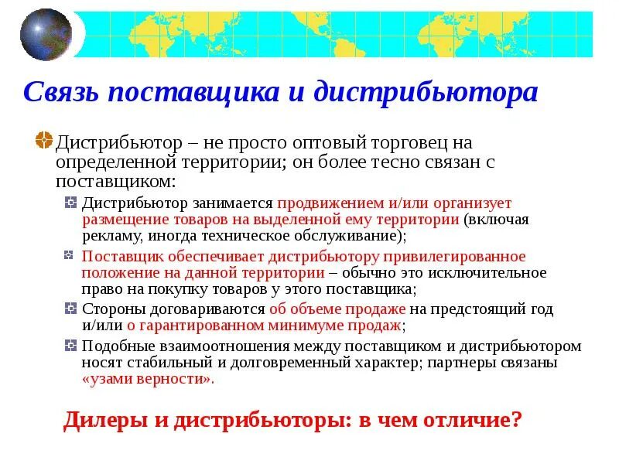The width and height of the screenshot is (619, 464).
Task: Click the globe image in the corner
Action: pyautogui.click(x=46, y=33)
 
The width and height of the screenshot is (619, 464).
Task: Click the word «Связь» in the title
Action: pyautogui.click(x=61, y=93)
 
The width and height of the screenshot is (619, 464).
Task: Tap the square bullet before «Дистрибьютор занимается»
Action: pyautogui.click(x=70, y=203)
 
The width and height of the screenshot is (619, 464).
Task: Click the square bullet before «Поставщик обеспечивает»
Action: pyautogui.click(x=70, y=255)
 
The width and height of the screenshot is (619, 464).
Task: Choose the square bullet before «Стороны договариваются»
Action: pyautogui.click(x=70, y=309)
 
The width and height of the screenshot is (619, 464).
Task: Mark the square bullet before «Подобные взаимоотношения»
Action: pyautogui.click(x=70, y=345)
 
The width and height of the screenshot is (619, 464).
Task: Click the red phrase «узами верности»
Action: pyautogui.click(x=147, y=380)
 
